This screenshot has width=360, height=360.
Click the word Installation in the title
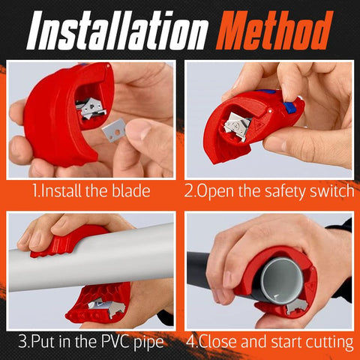point(117,31)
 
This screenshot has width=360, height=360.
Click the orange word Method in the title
point(274,30)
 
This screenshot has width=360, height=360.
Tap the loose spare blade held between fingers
point(115,130)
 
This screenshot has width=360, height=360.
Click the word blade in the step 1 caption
point(130,191)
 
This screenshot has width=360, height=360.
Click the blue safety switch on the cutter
point(289,106)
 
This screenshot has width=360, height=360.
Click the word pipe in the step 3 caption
point(148,343)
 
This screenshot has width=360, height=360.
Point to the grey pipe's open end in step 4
point(283,280)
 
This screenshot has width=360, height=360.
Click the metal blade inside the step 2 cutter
point(237,125)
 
